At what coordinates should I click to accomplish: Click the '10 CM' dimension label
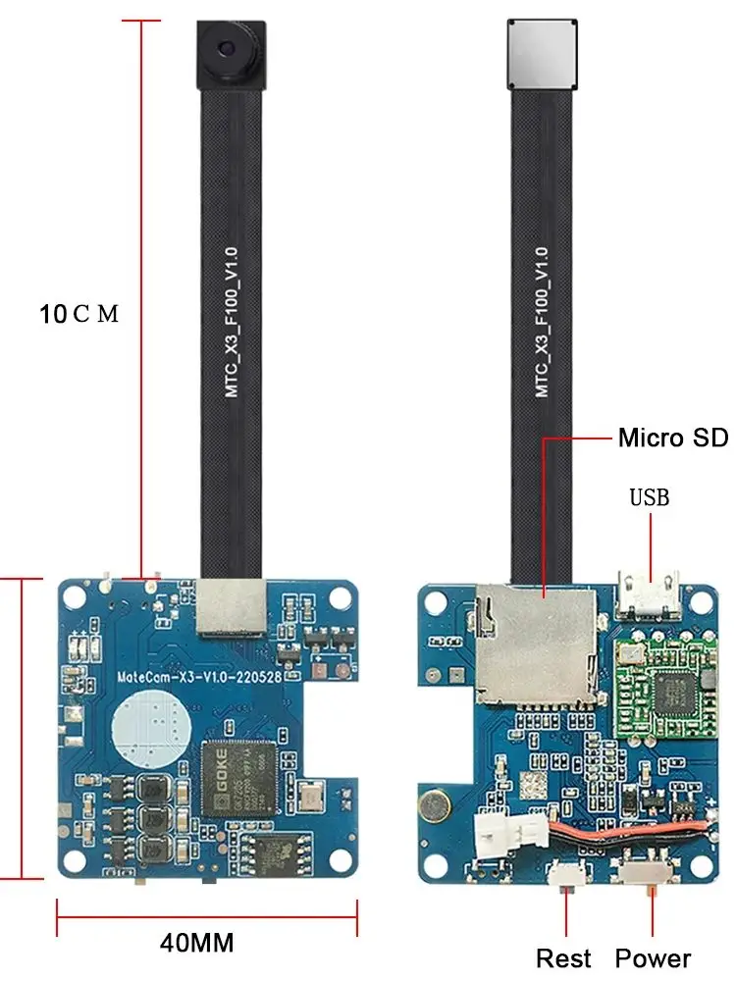pos(79,315)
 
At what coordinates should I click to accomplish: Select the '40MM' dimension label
pos(197,944)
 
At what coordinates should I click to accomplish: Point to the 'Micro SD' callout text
pos(672,438)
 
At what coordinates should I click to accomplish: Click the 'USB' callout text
pos(649,497)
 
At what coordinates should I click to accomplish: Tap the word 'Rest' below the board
pos(563,958)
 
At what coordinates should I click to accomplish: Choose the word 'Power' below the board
pos(653,958)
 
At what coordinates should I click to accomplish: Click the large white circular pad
pos(147,729)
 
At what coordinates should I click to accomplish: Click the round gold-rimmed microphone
pos(433,806)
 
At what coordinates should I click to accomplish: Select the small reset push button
pos(567,872)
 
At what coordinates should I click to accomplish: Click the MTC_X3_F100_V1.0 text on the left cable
pos(233,324)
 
